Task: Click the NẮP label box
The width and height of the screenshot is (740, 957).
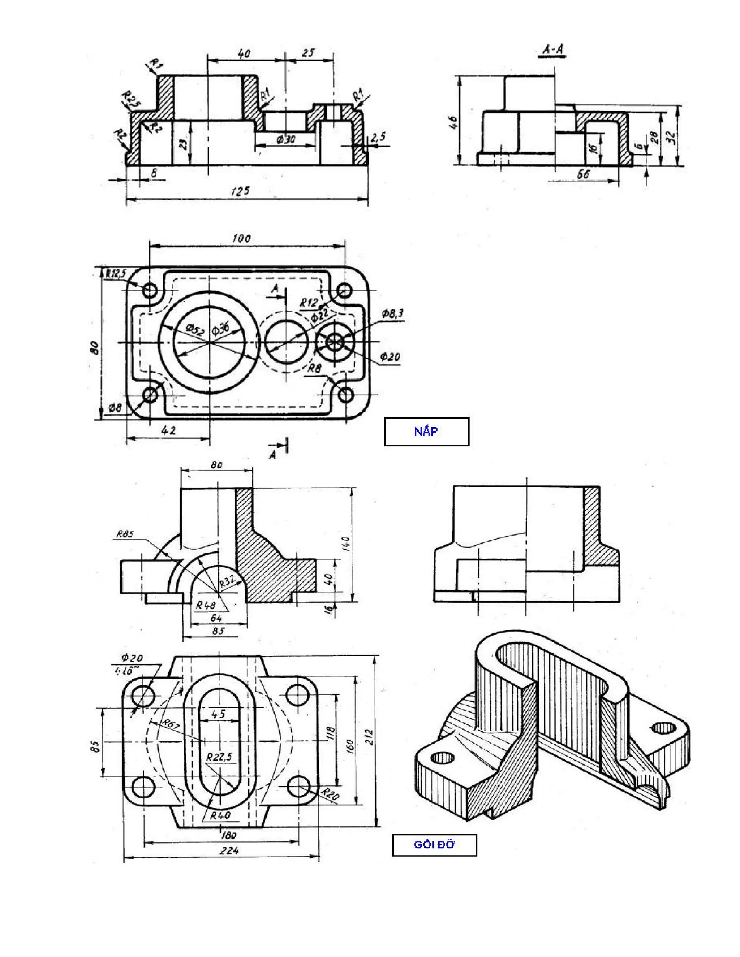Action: [426, 432]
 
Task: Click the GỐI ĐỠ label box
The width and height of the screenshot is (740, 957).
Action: [434, 844]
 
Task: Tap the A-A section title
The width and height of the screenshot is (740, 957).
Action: [552, 50]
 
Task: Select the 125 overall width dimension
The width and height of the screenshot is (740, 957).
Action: [240, 191]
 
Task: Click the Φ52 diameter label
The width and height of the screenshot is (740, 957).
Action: [195, 329]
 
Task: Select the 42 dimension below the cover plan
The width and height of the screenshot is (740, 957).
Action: [169, 430]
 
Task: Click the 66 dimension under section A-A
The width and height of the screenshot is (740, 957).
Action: [583, 174]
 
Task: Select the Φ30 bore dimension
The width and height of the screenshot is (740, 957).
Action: [286, 140]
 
